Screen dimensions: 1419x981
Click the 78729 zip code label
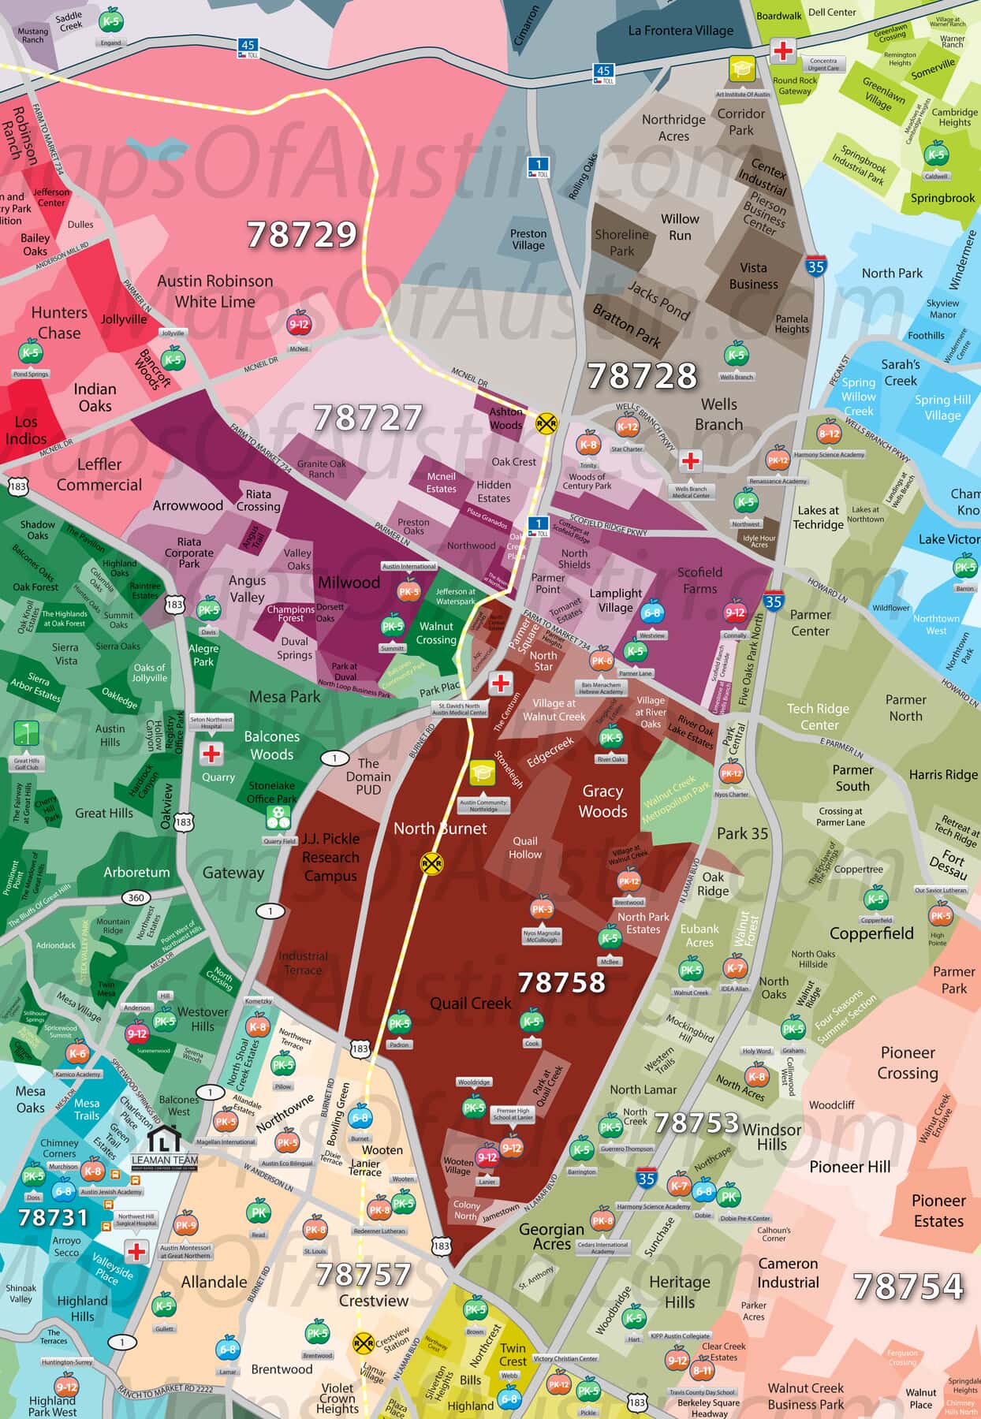click(x=302, y=234)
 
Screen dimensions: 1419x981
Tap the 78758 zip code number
click(x=561, y=982)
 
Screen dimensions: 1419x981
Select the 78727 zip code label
click(x=367, y=418)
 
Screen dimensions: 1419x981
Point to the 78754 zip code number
click(x=908, y=1287)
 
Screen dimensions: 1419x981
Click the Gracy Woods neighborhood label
click(x=603, y=801)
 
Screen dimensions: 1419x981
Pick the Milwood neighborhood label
click(x=349, y=583)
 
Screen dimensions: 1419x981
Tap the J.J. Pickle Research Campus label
click(x=330, y=857)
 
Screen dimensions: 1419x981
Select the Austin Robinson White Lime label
click(x=215, y=291)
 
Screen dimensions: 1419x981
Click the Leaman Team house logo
click(x=166, y=1138)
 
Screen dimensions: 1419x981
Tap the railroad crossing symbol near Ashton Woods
click(x=546, y=423)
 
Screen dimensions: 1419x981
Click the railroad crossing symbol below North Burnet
click(x=431, y=863)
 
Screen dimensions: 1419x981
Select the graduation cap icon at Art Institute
click(x=741, y=69)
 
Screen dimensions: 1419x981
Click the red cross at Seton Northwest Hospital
click(x=211, y=754)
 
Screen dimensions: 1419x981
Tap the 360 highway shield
click(x=136, y=898)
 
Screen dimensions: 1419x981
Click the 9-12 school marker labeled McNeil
click(x=299, y=324)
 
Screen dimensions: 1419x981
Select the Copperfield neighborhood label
click(x=871, y=933)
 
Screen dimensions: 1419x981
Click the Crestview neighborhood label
click(x=374, y=1301)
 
